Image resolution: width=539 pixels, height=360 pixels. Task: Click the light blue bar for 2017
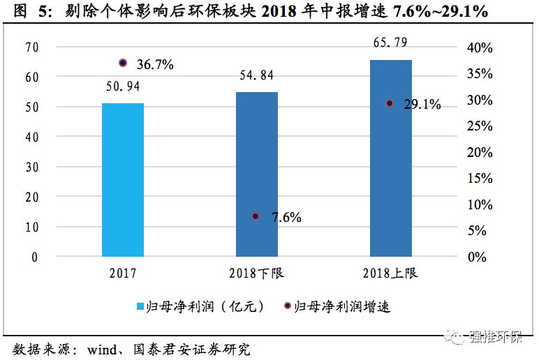123,180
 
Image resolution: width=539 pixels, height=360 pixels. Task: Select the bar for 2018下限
256,174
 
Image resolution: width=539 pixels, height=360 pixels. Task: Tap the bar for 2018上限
390,158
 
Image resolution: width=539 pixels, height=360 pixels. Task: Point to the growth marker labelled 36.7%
123,63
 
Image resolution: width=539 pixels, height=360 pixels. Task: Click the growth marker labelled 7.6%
256,216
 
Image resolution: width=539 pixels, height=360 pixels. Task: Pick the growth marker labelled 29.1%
390,103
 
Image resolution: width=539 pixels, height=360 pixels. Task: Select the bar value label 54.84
256,75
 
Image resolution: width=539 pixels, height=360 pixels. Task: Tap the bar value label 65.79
390,45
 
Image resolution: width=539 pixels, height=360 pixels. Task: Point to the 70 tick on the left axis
31,47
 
